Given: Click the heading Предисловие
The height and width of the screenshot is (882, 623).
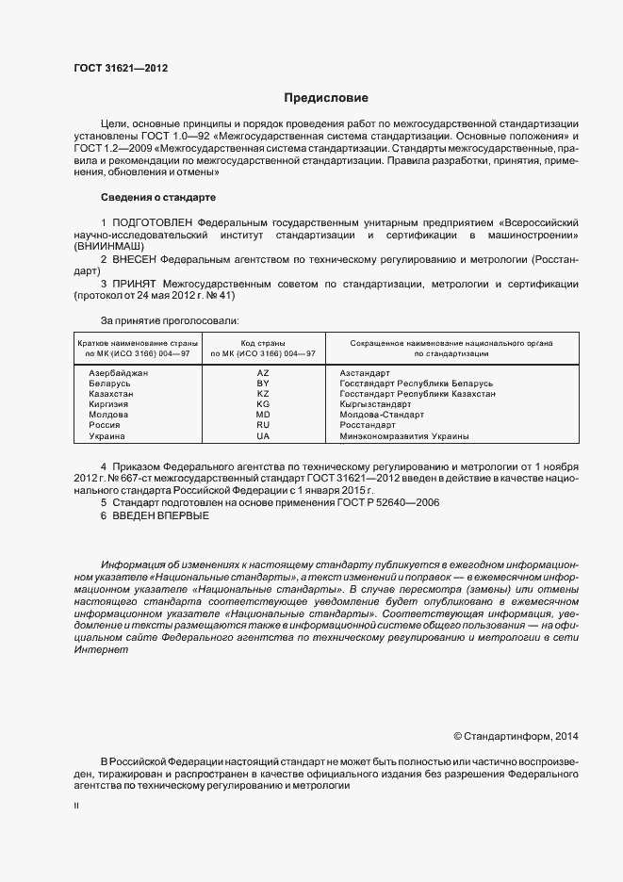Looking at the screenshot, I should pyautogui.click(x=326, y=98).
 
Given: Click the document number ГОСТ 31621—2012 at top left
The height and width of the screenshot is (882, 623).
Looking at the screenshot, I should pyautogui.click(x=120, y=69).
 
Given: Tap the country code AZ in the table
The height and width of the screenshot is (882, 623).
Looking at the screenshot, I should pyautogui.click(x=263, y=373).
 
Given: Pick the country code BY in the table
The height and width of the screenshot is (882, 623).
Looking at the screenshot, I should pyautogui.click(x=263, y=384).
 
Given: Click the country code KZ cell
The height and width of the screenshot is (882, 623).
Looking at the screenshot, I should pyautogui.click(x=263, y=394).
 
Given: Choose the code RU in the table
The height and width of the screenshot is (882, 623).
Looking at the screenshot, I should pyautogui.click(x=263, y=425).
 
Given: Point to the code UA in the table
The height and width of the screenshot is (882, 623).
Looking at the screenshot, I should pyautogui.click(x=263, y=436).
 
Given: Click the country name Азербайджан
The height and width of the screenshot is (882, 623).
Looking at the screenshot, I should pyautogui.click(x=119, y=373).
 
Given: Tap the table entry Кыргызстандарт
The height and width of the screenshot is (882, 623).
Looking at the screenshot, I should pyautogui.click(x=384, y=404).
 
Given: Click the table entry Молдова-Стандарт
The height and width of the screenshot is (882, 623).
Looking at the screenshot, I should pyautogui.click(x=382, y=415).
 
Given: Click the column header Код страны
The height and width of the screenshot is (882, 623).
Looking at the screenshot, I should pyautogui.click(x=263, y=343).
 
